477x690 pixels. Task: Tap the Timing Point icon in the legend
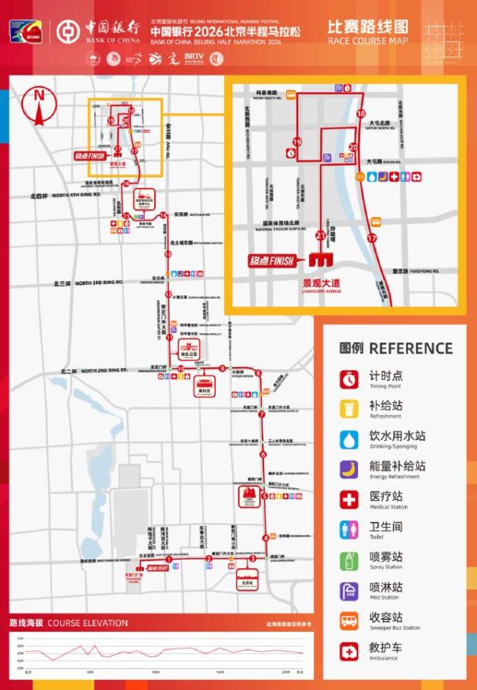[x=349, y=379]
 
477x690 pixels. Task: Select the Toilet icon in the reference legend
[x=349, y=530]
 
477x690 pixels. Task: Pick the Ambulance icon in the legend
[x=349, y=651]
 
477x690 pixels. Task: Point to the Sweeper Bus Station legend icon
[x=349, y=621]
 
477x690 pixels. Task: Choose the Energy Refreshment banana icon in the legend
[x=349, y=469]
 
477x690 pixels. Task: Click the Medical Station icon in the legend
[x=349, y=500]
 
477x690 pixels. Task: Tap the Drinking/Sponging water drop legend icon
[x=349, y=439]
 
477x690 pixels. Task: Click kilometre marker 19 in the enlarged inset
[x=297, y=142]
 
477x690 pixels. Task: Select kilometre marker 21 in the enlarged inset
[x=320, y=235]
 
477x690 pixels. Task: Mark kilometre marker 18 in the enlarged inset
[x=360, y=114]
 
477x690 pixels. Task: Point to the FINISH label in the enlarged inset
[x=274, y=261]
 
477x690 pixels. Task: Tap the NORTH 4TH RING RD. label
[x=76, y=196]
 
